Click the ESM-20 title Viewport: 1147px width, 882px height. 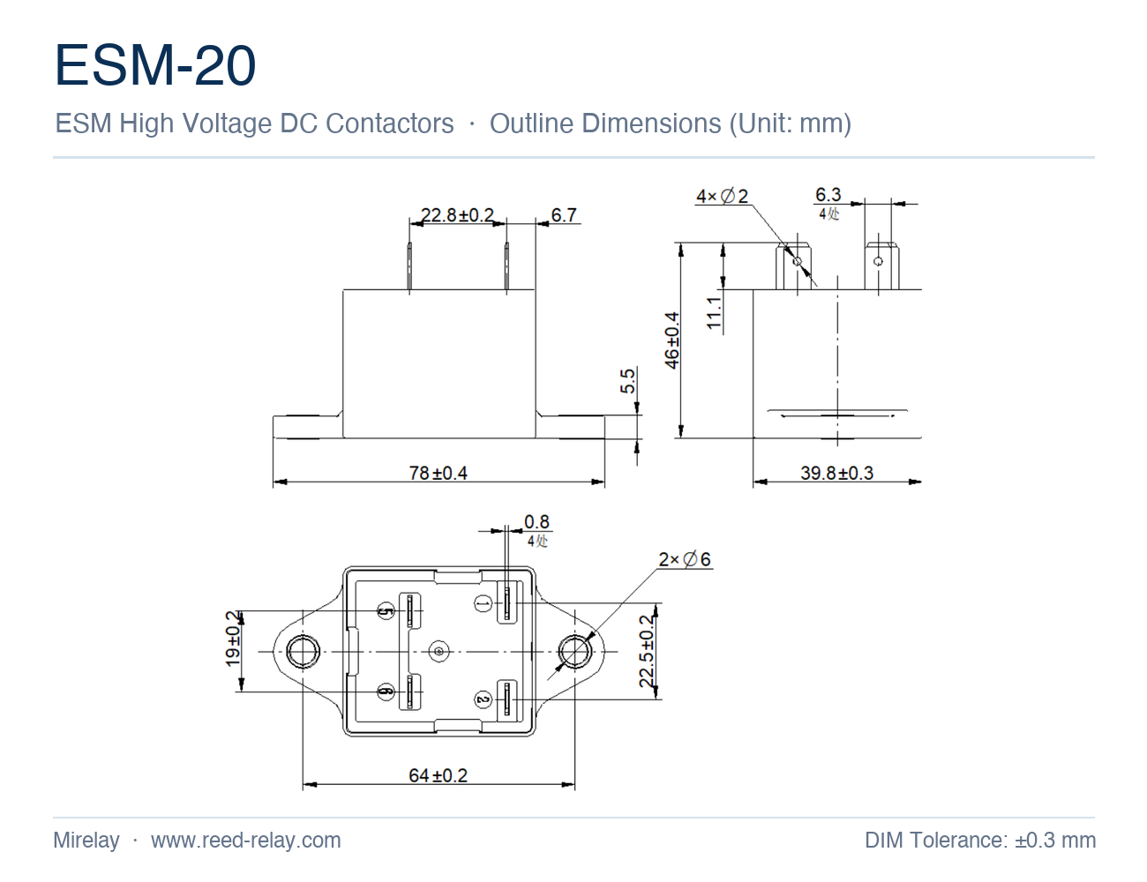point(155,65)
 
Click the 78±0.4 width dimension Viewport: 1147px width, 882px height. point(439,473)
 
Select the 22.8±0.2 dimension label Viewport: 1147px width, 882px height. point(457,215)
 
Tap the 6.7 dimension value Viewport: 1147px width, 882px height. point(564,215)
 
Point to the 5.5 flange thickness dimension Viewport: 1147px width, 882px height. point(627,381)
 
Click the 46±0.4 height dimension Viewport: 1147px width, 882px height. point(672,340)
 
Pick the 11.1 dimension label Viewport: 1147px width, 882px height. point(714,313)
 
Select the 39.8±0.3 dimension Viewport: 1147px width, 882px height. point(836,473)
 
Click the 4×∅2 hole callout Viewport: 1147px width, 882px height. point(722,196)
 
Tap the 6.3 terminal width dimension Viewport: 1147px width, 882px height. point(828,195)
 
